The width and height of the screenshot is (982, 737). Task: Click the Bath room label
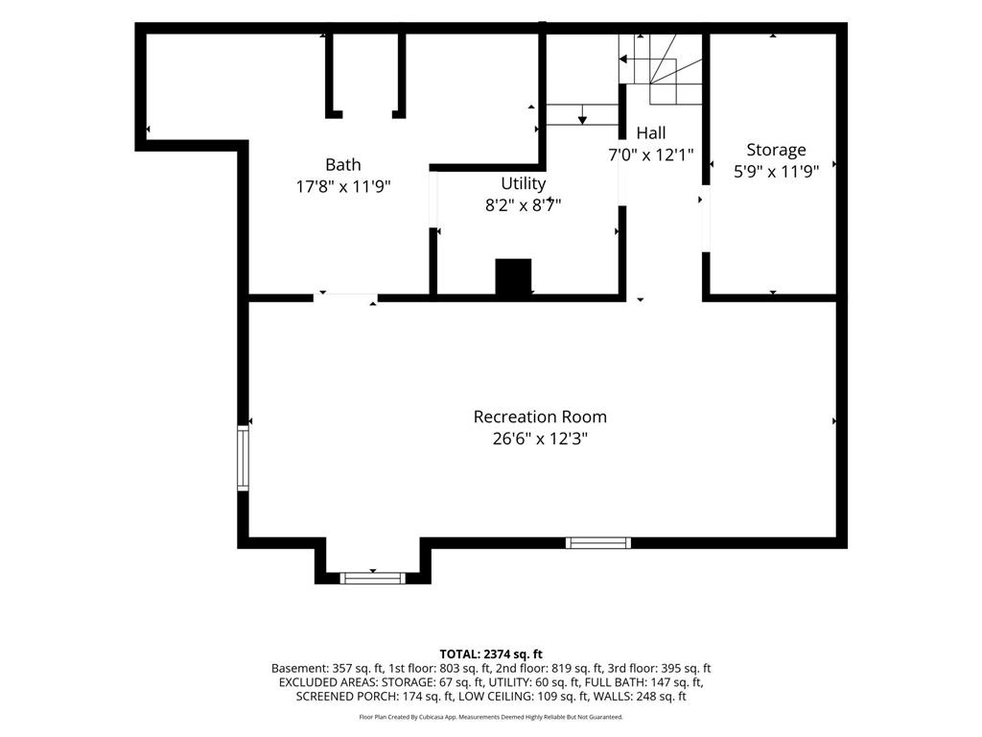click(x=343, y=165)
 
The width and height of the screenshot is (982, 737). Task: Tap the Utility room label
click(x=523, y=183)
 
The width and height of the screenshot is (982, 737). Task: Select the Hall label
click(x=651, y=132)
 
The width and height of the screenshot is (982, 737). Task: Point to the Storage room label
click(x=776, y=150)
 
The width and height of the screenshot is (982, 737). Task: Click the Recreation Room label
click(x=540, y=416)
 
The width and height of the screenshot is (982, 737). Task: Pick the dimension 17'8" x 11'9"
click(x=343, y=186)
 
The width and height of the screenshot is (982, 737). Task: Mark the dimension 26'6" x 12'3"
click(x=540, y=438)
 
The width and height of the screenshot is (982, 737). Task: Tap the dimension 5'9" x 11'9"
click(x=776, y=171)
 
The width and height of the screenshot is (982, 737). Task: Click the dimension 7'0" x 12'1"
click(x=651, y=155)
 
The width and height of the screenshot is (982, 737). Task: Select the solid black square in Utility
click(x=514, y=276)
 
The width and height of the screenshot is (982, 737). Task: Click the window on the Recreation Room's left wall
click(x=243, y=458)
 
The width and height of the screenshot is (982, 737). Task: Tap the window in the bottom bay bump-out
click(x=373, y=578)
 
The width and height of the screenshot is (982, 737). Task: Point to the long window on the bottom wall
click(x=598, y=543)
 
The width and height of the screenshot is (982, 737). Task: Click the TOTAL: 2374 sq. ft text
click(x=491, y=654)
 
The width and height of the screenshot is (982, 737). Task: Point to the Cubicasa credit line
click(x=491, y=717)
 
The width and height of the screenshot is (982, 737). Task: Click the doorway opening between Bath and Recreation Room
click(x=345, y=297)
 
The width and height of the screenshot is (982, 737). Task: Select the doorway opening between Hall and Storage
click(x=706, y=219)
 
